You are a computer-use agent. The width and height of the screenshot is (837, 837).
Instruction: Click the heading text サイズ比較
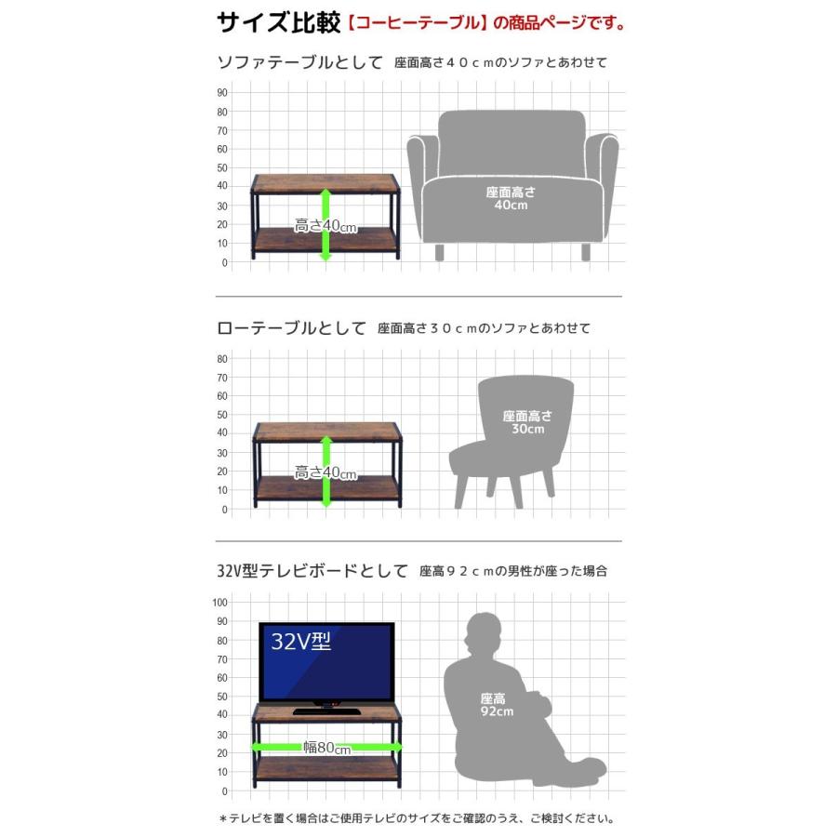(x=278, y=23)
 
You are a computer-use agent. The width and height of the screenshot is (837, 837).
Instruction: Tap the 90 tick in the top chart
(x=222, y=93)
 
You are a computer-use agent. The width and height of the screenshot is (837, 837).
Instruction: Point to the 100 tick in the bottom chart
(x=219, y=603)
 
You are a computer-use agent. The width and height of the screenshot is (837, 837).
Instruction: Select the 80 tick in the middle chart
(x=222, y=359)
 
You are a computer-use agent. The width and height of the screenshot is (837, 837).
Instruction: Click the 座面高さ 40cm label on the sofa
(x=511, y=199)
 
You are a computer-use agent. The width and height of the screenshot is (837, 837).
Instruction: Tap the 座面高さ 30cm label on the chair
(x=527, y=422)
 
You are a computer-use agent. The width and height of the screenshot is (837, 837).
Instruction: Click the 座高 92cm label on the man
(x=497, y=705)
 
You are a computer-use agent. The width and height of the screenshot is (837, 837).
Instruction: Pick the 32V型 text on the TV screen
(x=300, y=641)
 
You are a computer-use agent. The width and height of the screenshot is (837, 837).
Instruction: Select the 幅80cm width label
(x=326, y=748)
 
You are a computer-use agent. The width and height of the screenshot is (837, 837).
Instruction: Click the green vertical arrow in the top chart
(x=325, y=225)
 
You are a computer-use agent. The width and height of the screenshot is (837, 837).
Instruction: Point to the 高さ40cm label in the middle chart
(x=325, y=473)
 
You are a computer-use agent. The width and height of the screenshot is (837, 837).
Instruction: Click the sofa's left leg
(x=439, y=252)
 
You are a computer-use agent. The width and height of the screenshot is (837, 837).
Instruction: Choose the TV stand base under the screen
(x=325, y=711)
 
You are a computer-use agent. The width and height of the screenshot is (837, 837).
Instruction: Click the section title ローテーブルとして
(x=291, y=327)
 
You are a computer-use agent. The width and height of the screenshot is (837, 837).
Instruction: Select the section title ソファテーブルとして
(x=300, y=62)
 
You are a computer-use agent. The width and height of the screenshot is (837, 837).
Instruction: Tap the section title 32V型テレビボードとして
(x=312, y=571)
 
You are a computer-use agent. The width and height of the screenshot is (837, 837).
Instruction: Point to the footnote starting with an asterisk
(x=417, y=818)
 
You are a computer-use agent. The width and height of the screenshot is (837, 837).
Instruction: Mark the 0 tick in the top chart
(x=225, y=262)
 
